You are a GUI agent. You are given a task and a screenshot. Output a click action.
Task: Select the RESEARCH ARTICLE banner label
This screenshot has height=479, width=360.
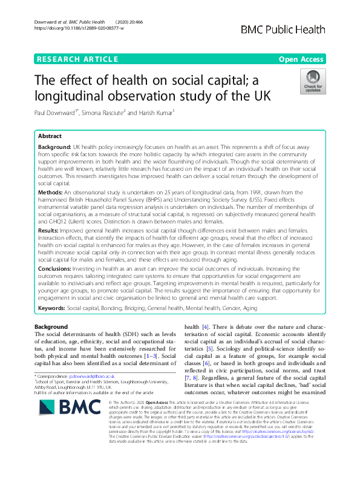(x=77, y=59)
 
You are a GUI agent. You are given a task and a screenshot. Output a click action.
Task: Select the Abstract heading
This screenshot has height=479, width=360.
(x=50, y=137)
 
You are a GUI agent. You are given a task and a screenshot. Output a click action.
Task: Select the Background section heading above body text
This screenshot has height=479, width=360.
(x=51, y=327)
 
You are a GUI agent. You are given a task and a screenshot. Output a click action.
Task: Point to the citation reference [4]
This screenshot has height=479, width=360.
(x=206, y=327)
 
